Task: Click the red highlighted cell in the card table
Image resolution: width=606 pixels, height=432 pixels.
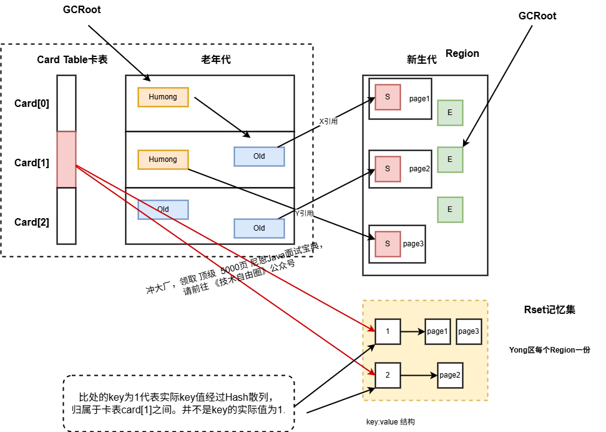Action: [x=66, y=159]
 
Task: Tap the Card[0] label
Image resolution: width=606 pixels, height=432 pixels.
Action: [x=32, y=103]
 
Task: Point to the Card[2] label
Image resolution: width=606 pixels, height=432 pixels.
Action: [x=32, y=222]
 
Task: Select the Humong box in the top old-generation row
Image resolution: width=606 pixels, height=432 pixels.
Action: [x=163, y=97]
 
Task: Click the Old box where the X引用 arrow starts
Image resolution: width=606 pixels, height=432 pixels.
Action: [x=259, y=156]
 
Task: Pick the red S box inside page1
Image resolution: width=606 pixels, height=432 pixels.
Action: [x=388, y=97]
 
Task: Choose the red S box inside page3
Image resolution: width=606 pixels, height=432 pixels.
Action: [x=388, y=244]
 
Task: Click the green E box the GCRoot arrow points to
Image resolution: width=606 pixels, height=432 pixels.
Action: [x=450, y=159]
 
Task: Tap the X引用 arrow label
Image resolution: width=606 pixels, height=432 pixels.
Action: [x=328, y=122]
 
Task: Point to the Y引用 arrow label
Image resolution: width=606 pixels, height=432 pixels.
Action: [x=303, y=213]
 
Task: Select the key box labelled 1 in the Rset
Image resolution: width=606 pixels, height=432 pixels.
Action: [x=388, y=331]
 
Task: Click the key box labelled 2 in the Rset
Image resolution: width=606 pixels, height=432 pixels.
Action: [x=388, y=375]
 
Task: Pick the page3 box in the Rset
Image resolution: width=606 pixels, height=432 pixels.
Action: [x=469, y=331]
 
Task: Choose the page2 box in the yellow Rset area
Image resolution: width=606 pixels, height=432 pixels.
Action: [x=450, y=375]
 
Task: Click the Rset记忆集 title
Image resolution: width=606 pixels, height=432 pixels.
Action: [x=549, y=309]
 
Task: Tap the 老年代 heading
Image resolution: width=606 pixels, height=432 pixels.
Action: [x=216, y=59]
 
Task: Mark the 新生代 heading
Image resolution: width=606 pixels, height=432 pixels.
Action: [x=422, y=59]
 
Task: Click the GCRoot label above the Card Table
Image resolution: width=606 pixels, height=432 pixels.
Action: [x=82, y=11]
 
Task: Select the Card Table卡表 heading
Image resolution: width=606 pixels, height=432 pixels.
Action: [x=72, y=60]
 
